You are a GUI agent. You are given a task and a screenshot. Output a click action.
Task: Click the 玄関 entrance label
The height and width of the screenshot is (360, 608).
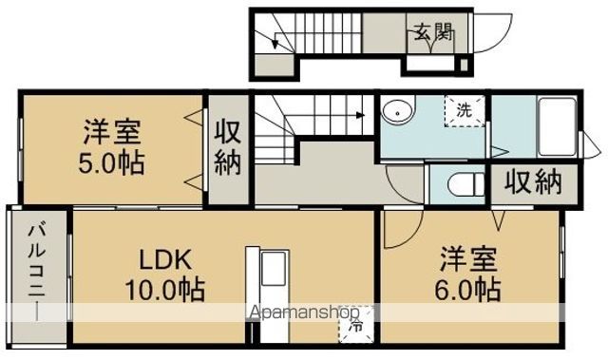pyautogui.click(x=434, y=32)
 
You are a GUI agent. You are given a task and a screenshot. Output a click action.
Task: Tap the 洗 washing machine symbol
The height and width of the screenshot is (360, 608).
pyautogui.click(x=465, y=111)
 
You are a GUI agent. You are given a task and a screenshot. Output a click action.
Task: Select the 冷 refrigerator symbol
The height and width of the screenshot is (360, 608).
pyautogui.click(x=355, y=326)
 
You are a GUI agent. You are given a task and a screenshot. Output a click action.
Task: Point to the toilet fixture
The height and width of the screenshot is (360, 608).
pyautogui.click(x=465, y=184)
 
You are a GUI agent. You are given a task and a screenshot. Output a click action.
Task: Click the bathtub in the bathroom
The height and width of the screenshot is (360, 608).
pyautogui.click(x=557, y=127)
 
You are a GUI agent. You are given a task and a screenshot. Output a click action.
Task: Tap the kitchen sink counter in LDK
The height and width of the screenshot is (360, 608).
pyautogui.click(x=268, y=295)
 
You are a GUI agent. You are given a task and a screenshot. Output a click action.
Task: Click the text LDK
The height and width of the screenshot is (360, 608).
pyautogui.click(x=165, y=259)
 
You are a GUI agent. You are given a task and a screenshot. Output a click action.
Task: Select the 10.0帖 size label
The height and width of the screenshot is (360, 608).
pyautogui.click(x=165, y=290)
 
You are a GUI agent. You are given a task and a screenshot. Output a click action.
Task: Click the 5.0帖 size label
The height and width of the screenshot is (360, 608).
pyautogui.click(x=112, y=162)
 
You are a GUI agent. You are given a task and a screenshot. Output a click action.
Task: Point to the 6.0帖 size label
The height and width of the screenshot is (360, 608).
pyautogui.click(x=467, y=290)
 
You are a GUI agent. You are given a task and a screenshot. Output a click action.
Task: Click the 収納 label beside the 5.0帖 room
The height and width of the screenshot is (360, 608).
pyautogui.click(x=228, y=147)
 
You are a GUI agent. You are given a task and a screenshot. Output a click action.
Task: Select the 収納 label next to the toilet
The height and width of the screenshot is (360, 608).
pyautogui.click(x=533, y=182)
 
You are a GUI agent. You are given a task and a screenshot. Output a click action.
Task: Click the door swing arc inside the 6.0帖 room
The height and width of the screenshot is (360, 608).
pyautogui.click(x=411, y=237)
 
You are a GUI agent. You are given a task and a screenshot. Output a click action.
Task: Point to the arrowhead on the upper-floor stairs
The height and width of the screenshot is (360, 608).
pyautogui.click(x=361, y=115)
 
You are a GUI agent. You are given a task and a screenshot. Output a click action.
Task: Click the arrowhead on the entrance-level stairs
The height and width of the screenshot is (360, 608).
pyautogui.click(x=275, y=45)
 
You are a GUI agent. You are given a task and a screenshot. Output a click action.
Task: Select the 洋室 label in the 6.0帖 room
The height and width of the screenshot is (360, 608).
pyautogui.click(x=468, y=259)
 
